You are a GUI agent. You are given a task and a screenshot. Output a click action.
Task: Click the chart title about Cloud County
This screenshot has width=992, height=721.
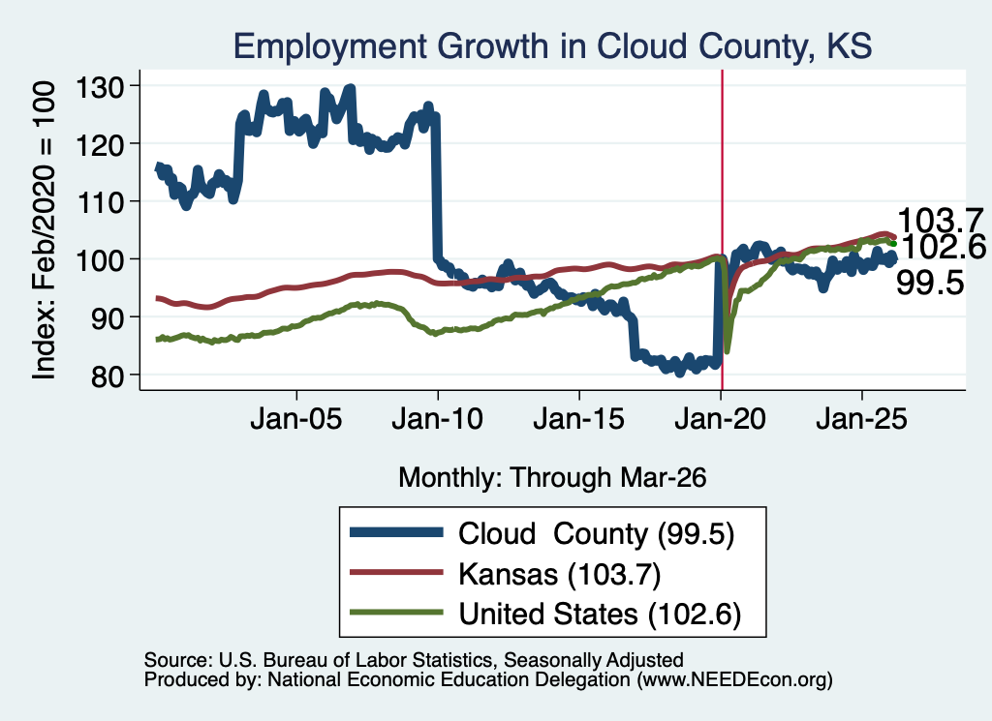coord(552,46)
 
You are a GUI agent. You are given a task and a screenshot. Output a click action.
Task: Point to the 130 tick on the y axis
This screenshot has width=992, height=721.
coord(100,86)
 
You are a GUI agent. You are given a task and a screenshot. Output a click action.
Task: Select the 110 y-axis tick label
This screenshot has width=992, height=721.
coord(100,202)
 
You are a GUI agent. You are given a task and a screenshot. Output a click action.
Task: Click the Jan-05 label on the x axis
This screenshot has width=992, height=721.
coord(296,419)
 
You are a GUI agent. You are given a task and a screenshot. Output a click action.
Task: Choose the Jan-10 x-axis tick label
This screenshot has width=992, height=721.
coord(438,419)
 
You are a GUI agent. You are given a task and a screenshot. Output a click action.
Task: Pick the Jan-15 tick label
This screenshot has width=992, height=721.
coord(579,419)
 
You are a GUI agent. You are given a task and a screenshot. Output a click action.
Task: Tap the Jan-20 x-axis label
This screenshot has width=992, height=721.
coord(721,419)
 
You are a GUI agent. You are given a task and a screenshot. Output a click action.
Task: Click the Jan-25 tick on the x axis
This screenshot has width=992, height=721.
coord(861,419)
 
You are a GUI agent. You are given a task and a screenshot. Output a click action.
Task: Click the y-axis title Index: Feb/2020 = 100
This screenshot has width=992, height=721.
coord(44,230)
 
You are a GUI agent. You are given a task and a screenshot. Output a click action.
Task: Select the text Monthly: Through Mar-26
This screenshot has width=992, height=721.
coord(552,478)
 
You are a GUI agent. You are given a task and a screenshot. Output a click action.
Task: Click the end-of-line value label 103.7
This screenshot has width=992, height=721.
coord(940,221)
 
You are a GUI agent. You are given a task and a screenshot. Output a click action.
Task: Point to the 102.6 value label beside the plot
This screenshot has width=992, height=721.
coord(943,247)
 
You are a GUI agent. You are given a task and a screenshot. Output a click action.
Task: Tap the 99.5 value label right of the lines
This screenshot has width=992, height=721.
coord(930,283)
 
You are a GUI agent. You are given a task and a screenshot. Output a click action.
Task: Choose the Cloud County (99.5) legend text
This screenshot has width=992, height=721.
coord(596,534)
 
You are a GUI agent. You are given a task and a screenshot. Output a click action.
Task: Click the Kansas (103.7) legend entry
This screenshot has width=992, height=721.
coord(559,575)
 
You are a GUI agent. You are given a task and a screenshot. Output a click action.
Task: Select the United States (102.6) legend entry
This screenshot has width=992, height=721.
coord(600,615)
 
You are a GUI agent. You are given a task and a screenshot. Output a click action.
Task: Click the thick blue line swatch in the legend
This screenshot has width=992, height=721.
coord(396,532)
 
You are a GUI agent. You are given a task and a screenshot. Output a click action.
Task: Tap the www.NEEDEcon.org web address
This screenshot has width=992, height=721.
coord(734,680)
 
